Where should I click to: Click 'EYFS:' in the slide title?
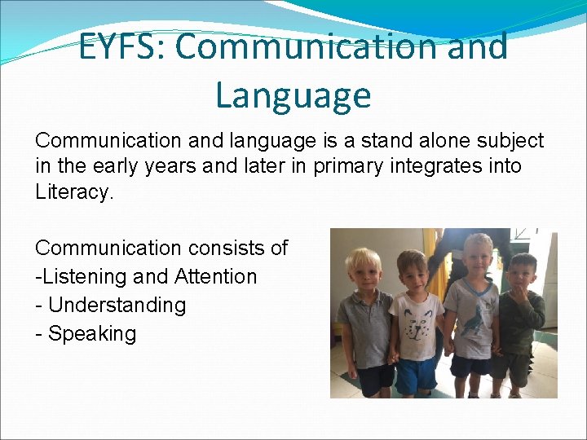point(121,46)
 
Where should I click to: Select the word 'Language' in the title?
point(293,95)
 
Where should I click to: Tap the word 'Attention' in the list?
point(214,276)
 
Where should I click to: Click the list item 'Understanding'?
point(117,305)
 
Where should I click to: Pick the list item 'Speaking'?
point(92,333)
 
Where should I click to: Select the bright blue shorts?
point(415,374)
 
